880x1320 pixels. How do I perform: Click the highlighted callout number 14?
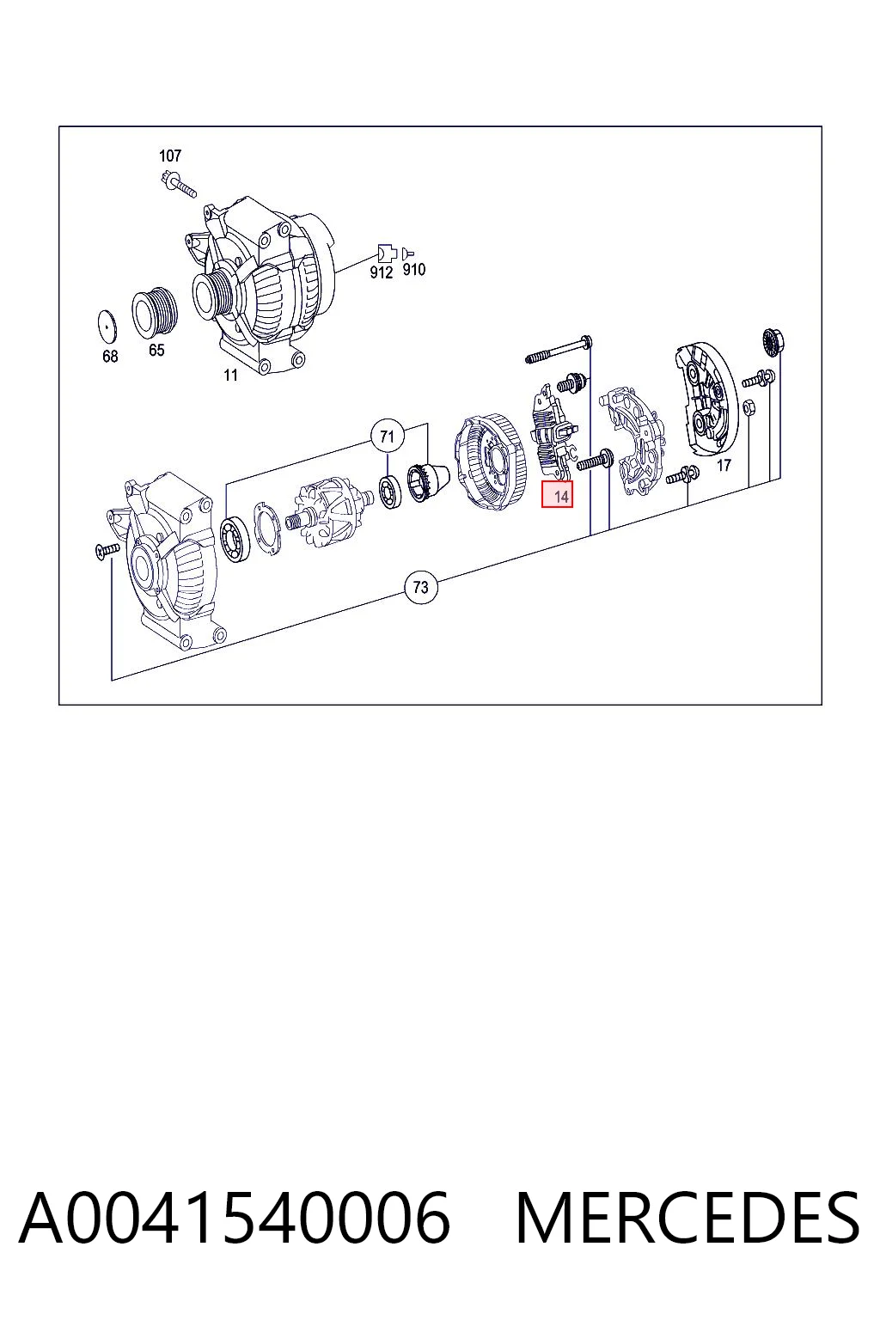tap(557, 495)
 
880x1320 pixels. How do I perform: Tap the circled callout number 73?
tap(421, 588)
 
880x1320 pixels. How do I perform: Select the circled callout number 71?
tap(387, 437)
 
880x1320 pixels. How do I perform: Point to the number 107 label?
tap(170, 156)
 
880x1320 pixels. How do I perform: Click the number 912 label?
tap(382, 272)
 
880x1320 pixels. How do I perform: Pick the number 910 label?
tap(413, 270)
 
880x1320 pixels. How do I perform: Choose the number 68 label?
tap(110, 357)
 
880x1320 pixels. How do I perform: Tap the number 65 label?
tap(156, 351)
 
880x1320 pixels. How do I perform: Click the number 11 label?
tap(230, 375)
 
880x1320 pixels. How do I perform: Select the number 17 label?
tap(724, 466)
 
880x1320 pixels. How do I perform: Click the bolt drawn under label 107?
tap(178, 184)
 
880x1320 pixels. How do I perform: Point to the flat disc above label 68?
tap(107, 324)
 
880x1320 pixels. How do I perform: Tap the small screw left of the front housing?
tap(107, 550)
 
